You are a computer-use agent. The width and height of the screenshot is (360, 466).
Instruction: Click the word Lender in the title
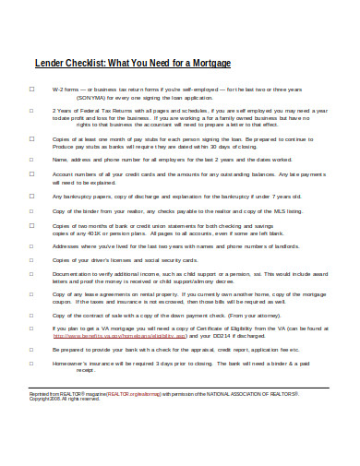tap(50, 64)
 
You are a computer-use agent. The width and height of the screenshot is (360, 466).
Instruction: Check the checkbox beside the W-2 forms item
tap(31, 89)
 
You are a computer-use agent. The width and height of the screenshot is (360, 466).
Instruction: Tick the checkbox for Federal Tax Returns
tap(31, 111)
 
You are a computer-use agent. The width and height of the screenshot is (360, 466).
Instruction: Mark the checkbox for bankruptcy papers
tap(31, 196)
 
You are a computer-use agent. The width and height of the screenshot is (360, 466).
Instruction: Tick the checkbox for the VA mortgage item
tap(31, 328)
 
